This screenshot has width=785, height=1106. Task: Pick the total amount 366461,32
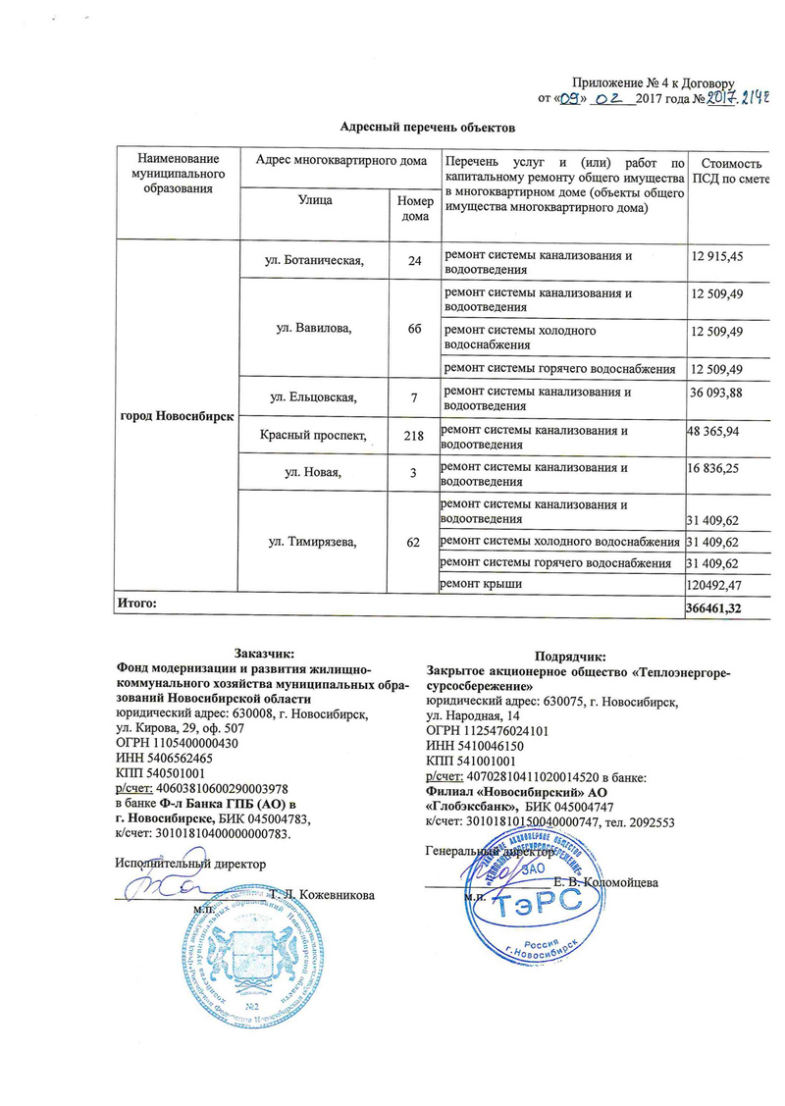727,609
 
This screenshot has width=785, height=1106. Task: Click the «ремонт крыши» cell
481,585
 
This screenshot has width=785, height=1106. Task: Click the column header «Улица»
315,200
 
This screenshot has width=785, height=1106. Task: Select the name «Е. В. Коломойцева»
605,882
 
